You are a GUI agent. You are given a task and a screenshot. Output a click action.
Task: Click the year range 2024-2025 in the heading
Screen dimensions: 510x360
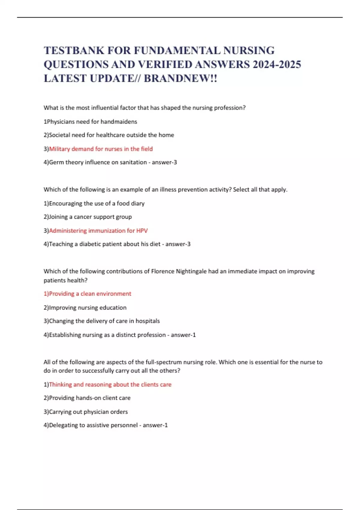click(277, 64)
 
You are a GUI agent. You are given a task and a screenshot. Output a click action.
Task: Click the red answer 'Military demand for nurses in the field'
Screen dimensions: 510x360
click(101, 149)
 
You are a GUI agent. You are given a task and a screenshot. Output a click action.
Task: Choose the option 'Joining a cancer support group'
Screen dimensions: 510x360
click(90, 217)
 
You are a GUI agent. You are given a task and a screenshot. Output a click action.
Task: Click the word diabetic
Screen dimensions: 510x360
click(90, 244)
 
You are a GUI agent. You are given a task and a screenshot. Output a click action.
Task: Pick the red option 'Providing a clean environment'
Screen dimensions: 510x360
click(90, 294)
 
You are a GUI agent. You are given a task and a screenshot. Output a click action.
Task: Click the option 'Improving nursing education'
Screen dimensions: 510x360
click(88, 307)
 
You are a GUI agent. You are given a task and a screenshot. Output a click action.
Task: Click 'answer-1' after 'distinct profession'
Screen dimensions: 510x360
click(183, 335)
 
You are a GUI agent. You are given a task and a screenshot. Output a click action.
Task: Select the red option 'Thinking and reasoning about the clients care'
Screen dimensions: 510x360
click(110, 385)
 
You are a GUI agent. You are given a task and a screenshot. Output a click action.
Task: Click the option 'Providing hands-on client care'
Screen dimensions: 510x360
click(89, 398)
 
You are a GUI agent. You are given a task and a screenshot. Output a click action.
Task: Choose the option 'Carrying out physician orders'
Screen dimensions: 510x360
click(88, 412)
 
